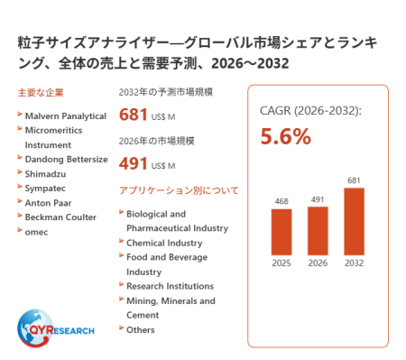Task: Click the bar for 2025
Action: [x=281, y=232]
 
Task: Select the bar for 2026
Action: [x=318, y=231]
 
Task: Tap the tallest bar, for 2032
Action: [x=354, y=221]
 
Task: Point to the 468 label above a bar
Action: [x=281, y=201]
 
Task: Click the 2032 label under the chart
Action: [x=354, y=263]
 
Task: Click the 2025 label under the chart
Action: [x=281, y=263]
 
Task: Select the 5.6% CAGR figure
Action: [x=285, y=136]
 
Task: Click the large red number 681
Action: [x=133, y=115]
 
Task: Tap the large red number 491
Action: [x=133, y=163]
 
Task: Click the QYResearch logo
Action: [x=55, y=328]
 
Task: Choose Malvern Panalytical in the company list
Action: [x=66, y=116]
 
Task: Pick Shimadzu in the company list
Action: [x=45, y=174]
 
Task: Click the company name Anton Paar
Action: [x=48, y=203]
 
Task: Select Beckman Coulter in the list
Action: [x=60, y=217]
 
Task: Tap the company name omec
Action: [x=36, y=232]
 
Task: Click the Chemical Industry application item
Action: [x=164, y=243]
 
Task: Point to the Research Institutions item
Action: [x=170, y=286]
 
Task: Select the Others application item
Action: [x=141, y=330]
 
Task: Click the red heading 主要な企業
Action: [x=41, y=93]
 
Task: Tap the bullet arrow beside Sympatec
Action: [x=20, y=187]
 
